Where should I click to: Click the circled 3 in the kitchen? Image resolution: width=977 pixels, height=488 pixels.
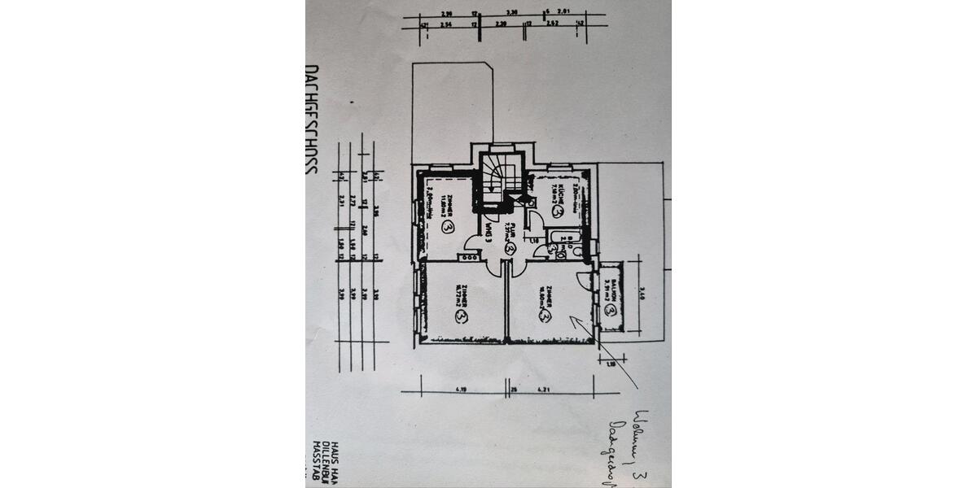point(558,212)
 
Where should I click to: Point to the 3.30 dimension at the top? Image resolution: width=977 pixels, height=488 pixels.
point(512,14)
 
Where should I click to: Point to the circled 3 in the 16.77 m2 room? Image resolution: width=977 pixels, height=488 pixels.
point(462,314)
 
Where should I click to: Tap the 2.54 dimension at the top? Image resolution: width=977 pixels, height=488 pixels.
point(445,25)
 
